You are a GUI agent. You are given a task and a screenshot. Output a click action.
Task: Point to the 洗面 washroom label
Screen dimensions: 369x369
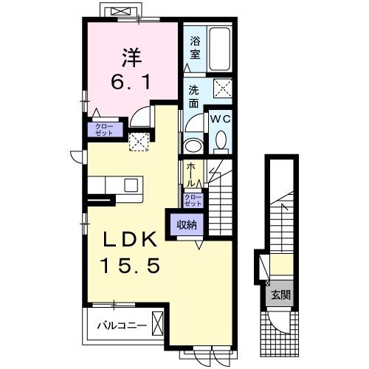point(194,95)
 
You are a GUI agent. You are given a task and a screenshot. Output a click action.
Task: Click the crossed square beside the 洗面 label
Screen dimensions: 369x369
point(223,89)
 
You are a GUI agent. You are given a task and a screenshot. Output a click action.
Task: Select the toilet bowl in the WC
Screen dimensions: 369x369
point(221,140)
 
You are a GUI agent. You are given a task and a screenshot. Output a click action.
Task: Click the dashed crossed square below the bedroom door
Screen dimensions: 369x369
point(139,142)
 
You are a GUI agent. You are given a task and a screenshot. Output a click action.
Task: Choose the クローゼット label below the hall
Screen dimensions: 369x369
point(191,201)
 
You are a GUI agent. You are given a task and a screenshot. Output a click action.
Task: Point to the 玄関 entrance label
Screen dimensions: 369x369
point(280,296)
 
